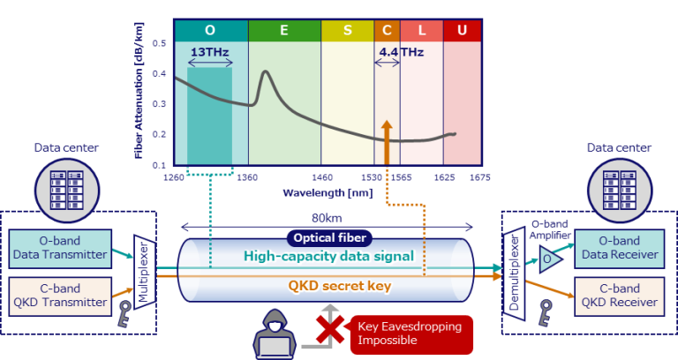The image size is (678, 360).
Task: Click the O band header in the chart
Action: point(210,31)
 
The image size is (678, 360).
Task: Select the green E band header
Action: point(283,31)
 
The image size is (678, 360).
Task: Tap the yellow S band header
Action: point(347,31)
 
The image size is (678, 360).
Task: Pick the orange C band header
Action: point(387,31)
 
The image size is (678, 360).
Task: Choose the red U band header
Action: point(462,31)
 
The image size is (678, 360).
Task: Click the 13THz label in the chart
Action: point(209,52)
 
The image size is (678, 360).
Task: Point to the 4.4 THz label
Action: point(401,52)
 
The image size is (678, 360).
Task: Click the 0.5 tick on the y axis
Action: point(159,43)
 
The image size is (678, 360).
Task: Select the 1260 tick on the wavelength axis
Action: point(173,177)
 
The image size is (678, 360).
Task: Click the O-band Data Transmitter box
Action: point(61,249)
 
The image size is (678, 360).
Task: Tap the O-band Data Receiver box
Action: point(618,249)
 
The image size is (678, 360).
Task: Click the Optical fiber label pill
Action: point(328,237)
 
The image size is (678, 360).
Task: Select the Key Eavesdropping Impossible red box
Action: point(408,334)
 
